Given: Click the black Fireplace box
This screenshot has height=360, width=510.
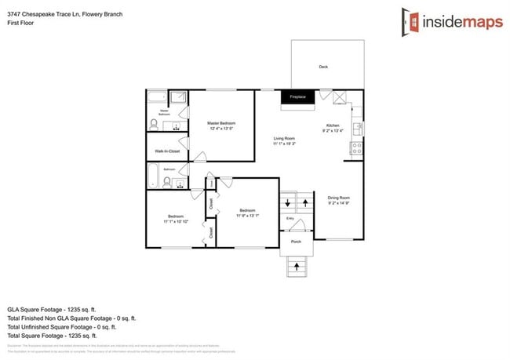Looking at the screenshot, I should (297, 96).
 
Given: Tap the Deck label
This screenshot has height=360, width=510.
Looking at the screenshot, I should (322, 67).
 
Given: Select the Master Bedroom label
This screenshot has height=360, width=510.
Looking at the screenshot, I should (221, 123).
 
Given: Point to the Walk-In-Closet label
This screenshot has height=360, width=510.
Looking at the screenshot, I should (167, 150).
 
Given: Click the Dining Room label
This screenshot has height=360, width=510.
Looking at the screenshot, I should (338, 198).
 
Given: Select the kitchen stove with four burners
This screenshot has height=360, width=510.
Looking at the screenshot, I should (357, 146).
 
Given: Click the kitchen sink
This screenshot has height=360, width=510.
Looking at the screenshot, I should (357, 126).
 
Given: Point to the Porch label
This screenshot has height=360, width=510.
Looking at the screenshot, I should (296, 242).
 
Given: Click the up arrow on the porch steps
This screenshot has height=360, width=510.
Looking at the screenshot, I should (297, 267).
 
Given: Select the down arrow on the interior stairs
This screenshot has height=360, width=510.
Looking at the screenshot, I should (286, 205).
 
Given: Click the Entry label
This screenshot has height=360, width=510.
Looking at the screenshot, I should (290, 218).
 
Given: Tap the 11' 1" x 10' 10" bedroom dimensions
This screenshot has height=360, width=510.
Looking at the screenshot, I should (175, 222).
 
